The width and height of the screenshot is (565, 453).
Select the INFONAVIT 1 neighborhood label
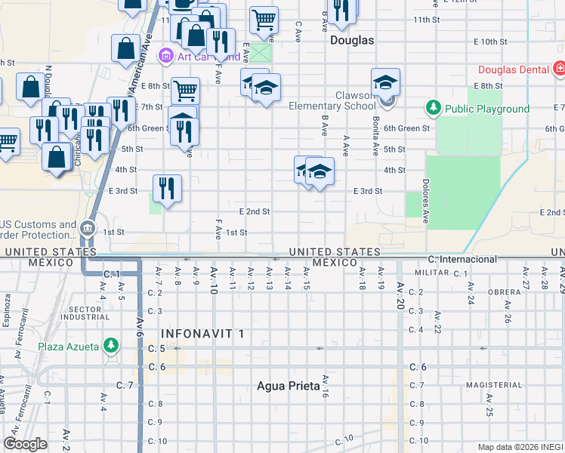coord(202,333)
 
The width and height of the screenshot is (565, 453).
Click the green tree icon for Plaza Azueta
coord(111,346)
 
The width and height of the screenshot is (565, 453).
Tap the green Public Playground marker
coord(434,109)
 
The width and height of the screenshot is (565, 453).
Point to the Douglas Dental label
coord(513,69)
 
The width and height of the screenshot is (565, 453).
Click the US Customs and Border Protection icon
coord(88,226)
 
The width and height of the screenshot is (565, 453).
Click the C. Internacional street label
coord(463,259)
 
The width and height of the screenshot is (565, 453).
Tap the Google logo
coord(25,444)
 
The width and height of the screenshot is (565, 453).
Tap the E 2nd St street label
coord(254,212)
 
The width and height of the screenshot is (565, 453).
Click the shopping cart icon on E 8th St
coord(185,90)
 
